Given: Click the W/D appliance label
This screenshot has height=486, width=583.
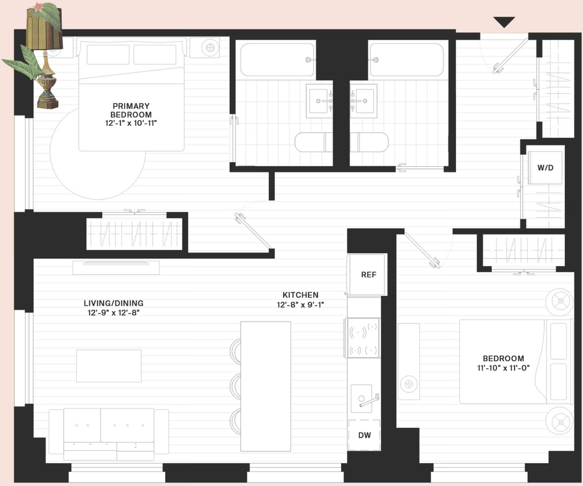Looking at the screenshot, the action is pyautogui.click(x=545, y=167).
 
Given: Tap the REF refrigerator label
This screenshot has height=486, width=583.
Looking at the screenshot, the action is pyautogui.click(x=368, y=274).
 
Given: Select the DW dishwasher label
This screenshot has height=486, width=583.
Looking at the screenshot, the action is pyautogui.click(x=364, y=435).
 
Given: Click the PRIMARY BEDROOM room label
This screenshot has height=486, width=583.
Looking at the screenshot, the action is pyautogui.click(x=132, y=110).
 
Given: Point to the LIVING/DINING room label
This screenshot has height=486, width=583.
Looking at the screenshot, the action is pyautogui.click(x=113, y=303).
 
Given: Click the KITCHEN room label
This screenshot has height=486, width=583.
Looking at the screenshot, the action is pyautogui.click(x=301, y=295).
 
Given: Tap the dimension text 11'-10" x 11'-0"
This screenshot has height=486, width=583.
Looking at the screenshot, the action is pyautogui.click(x=503, y=368).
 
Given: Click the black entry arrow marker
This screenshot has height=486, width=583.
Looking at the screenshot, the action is pyautogui.click(x=504, y=22).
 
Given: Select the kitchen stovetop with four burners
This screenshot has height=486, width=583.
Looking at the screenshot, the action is pyautogui.click(x=363, y=337).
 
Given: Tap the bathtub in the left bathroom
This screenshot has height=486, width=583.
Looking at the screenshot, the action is pyautogui.click(x=277, y=60).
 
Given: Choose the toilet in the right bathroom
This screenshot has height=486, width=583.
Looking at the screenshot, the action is pyautogui.click(x=369, y=142).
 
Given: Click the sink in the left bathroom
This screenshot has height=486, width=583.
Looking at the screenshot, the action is pyautogui.click(x=319, y=101).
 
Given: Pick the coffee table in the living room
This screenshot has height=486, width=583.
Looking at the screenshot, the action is pyautogui.click(x=109, y=365).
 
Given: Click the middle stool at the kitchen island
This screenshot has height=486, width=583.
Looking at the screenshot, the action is pyautogui.click(x=236, y=387).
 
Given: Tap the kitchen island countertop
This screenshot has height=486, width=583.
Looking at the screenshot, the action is pyautogui.click(x=265, y=386).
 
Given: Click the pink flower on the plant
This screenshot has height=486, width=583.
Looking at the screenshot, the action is pyautogui.click(x=38, y=6).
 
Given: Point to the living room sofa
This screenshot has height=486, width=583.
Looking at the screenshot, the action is pyautogui.click(x=109, y=434).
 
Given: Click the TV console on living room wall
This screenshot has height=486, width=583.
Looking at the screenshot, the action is pyautogui.click(x=116, y=267).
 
